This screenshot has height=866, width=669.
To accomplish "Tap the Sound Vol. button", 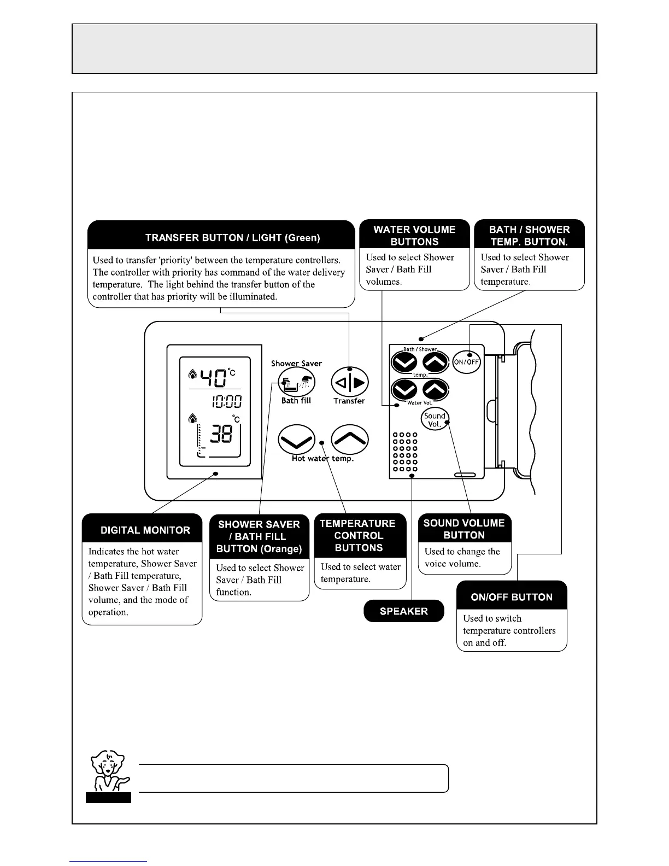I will tap(435, 419).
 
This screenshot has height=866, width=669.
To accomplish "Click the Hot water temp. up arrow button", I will tap(350, 439).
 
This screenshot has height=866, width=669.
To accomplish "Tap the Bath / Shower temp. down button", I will tap(404, 362).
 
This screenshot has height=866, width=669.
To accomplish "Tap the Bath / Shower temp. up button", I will tap(436, 362).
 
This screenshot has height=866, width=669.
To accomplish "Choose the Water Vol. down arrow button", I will tap(404, 390).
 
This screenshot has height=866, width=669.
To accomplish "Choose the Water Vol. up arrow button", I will tap(436, 390).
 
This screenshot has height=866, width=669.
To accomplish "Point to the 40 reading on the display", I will tap(213, 377).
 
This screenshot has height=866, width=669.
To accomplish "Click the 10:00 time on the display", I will tap(226, 402).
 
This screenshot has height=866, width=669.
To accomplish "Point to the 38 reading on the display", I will tap(221, 435).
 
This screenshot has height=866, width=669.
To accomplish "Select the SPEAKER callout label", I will tap(404, 611).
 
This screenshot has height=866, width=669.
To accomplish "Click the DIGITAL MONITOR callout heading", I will tap(145, 530).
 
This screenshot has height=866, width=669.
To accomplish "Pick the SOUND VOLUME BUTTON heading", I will tap(464, 529).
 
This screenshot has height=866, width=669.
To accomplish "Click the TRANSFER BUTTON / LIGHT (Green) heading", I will tap(232, 238).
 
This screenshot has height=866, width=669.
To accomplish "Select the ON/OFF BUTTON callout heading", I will tap(512, 597).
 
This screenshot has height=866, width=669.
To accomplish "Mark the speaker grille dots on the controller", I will tap(404, 452).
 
